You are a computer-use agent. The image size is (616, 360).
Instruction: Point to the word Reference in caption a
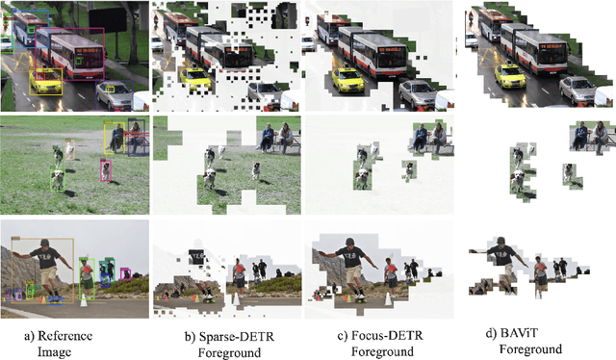click(64, 336)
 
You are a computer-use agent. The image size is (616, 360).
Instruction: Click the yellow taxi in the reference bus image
click(46, 82)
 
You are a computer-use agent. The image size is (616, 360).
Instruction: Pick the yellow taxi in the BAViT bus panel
click(510, 76)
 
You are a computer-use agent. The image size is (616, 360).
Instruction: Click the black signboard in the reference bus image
click(107, 19)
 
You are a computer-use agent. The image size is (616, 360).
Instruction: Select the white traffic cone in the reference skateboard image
click(84, 300)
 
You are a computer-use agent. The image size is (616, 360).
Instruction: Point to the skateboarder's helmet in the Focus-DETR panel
click(349, 242)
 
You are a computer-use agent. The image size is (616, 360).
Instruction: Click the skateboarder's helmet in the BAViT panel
click(500, 241)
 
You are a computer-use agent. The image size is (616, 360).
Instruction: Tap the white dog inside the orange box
click(70, 149)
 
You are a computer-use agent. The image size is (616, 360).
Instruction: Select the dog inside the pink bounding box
click(106, 170)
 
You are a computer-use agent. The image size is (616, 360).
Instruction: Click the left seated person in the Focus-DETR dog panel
click(422, 137)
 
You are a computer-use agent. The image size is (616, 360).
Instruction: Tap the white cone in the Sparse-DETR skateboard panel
click(236, 298)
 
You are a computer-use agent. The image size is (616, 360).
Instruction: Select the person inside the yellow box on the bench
click(116, 138)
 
